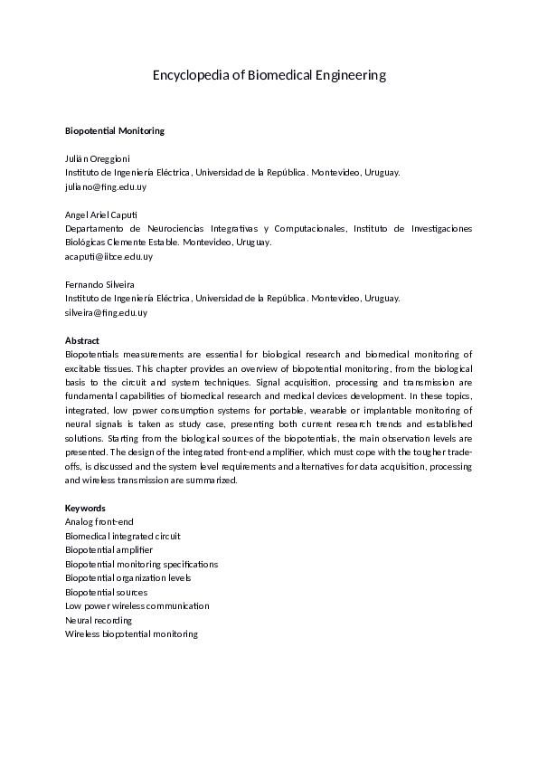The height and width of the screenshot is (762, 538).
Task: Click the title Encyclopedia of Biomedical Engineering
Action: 269,75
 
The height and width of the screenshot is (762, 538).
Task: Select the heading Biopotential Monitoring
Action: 115,130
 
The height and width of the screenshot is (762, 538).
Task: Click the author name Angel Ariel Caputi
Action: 101,214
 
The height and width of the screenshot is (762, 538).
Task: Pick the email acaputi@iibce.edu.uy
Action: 109,256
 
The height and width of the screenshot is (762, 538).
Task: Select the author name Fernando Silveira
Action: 99,284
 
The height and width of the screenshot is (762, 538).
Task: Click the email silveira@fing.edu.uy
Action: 106,312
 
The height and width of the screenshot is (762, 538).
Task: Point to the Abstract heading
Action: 82,340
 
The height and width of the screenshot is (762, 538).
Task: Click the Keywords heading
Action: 85,508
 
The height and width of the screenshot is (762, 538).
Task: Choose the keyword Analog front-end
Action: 99,522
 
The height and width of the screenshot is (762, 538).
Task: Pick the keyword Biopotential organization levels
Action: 127,577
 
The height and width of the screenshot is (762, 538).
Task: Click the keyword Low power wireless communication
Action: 137,605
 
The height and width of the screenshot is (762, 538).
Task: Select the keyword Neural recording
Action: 99,620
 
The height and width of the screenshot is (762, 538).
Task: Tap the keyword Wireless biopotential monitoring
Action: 131,633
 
